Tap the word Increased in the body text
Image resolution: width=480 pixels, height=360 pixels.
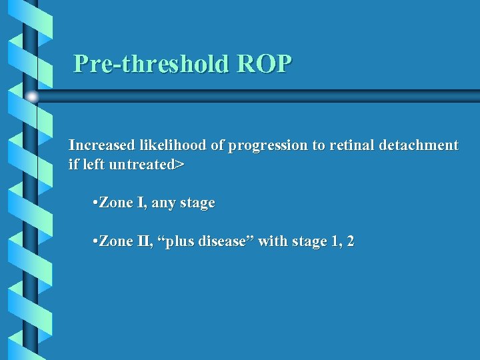click(x=102, y=145)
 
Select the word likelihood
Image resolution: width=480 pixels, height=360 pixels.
click(x=175, y=145)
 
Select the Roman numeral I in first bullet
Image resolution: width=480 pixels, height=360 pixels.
click(x=141, y=203)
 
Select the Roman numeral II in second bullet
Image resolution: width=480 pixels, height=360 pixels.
click(x=143, y=241)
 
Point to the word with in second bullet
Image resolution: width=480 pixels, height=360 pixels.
click(x=272, y=241)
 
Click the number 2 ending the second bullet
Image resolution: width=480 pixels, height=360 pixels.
click(x=350, y=241)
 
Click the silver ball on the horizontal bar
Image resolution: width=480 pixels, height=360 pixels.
click(x=31, y=97)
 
